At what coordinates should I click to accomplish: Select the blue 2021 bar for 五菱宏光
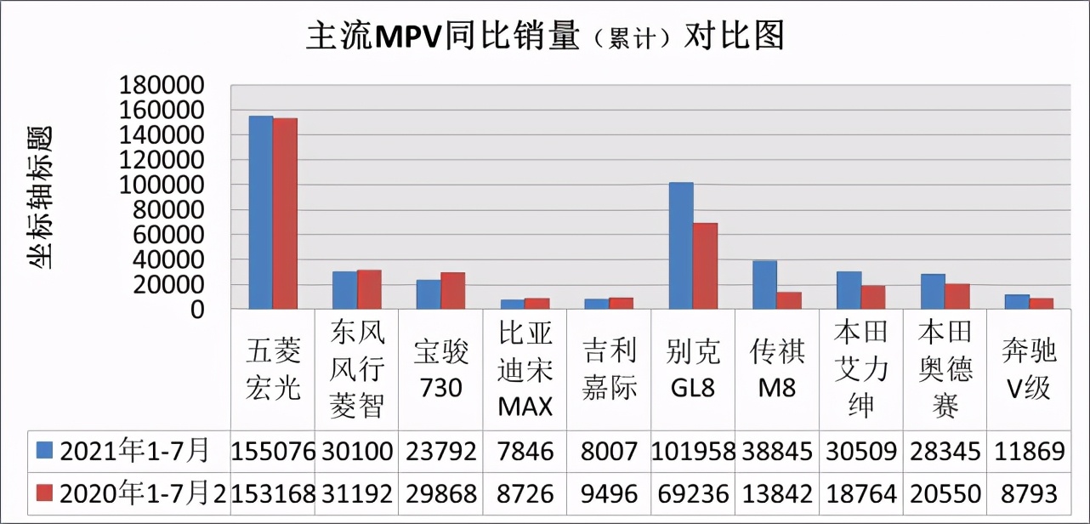point(260,213)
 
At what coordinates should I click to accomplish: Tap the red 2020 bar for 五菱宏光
point(285,214)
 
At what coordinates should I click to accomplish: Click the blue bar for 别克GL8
point(681,246)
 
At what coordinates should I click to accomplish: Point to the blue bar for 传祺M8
point(765,285)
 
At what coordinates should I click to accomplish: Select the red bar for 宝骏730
point(453,291)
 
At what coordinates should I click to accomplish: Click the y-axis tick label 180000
point(162,85)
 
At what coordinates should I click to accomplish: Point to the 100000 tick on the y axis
point(162,185)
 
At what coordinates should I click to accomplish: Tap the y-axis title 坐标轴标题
point(40,197)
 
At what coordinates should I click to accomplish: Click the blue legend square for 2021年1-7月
point(44,451)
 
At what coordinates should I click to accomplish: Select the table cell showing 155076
point(273,451)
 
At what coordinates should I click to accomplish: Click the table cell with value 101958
point(693,451)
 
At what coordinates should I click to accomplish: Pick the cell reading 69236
point(693,493)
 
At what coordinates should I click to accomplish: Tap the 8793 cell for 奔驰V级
point(1029,493)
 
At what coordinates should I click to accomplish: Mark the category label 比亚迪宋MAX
point(525,371)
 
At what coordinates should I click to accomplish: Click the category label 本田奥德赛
point(945,371)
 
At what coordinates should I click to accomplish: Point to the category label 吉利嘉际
point(610,371)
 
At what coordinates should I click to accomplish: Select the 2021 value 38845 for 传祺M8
point(777,451)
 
